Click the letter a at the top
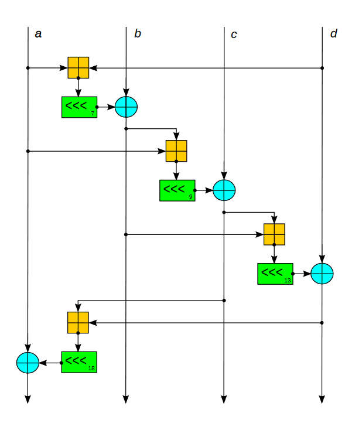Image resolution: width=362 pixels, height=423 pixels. [38, 34]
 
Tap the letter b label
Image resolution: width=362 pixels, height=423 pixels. [137, 34]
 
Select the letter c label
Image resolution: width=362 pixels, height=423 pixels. [234, 35]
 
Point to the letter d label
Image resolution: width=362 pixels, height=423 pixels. [333, 34]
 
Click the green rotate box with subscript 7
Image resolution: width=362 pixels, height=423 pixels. [78, 107]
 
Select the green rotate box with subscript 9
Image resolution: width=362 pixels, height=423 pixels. [177, 190]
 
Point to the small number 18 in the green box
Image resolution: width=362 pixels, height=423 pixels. [91, 369]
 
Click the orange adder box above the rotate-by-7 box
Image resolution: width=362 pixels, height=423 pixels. [78, 67]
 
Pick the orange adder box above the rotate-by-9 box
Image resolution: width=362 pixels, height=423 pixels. [176, 151]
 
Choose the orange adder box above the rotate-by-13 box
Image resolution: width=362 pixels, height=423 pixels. [274, 234]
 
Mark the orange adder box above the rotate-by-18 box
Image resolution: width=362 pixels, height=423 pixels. [78, 322]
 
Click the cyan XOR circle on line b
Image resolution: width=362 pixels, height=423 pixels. [126, 107]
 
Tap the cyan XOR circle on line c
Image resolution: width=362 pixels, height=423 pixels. [224, 190]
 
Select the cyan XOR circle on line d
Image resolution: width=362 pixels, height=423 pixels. [322, 274]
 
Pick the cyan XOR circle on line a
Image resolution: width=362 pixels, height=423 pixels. [28, 363]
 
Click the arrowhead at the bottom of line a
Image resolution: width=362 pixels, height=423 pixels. [28, 400]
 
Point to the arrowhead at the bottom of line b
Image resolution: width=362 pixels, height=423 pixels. [126, 400]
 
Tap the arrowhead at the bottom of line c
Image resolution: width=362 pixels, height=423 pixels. [224, 400]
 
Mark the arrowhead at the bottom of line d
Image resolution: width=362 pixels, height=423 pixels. [322, 400]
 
